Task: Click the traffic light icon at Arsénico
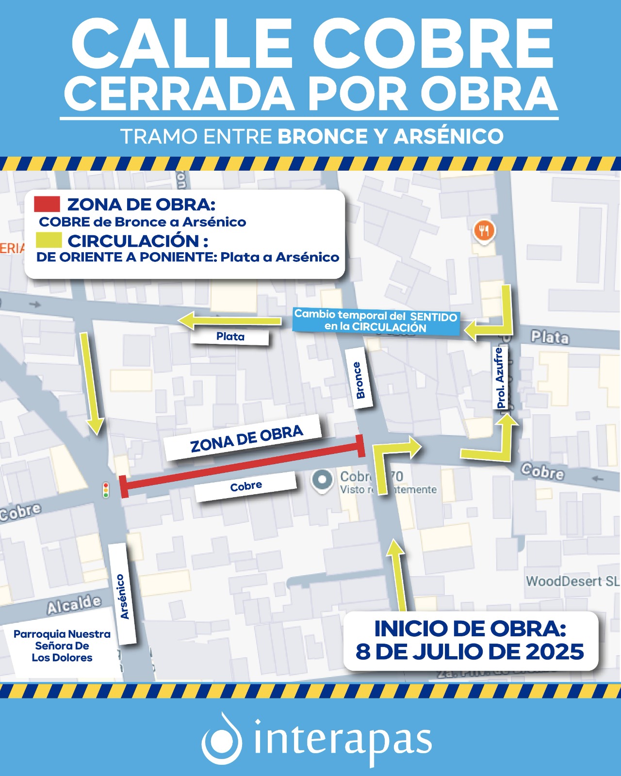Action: coord(106,490)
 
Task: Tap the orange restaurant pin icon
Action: coord(484,231)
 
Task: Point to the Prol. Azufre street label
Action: coord(501,378)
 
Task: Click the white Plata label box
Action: coord(230,337)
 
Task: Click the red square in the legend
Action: coord(47,204)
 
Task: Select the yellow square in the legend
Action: coord(49,240)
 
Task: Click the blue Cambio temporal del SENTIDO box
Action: coord(376,321)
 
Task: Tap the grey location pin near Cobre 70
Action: coord(322,480)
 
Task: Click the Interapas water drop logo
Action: coord(222,739)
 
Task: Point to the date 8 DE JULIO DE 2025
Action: coord(470,652)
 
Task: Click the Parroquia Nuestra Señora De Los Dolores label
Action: coord(62,646)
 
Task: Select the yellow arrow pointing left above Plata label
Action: coord(229,320)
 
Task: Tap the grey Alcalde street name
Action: coord(74,604)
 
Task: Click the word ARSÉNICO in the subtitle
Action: coord(448,137)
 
